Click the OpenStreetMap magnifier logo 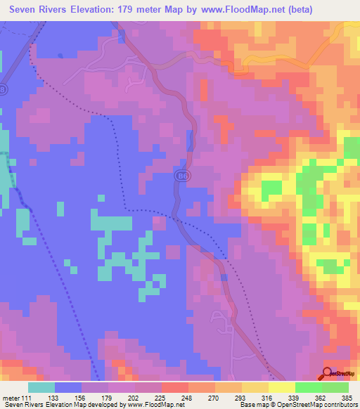click(327, 373)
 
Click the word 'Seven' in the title click(27, 10)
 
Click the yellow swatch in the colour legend click(281, 387)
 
